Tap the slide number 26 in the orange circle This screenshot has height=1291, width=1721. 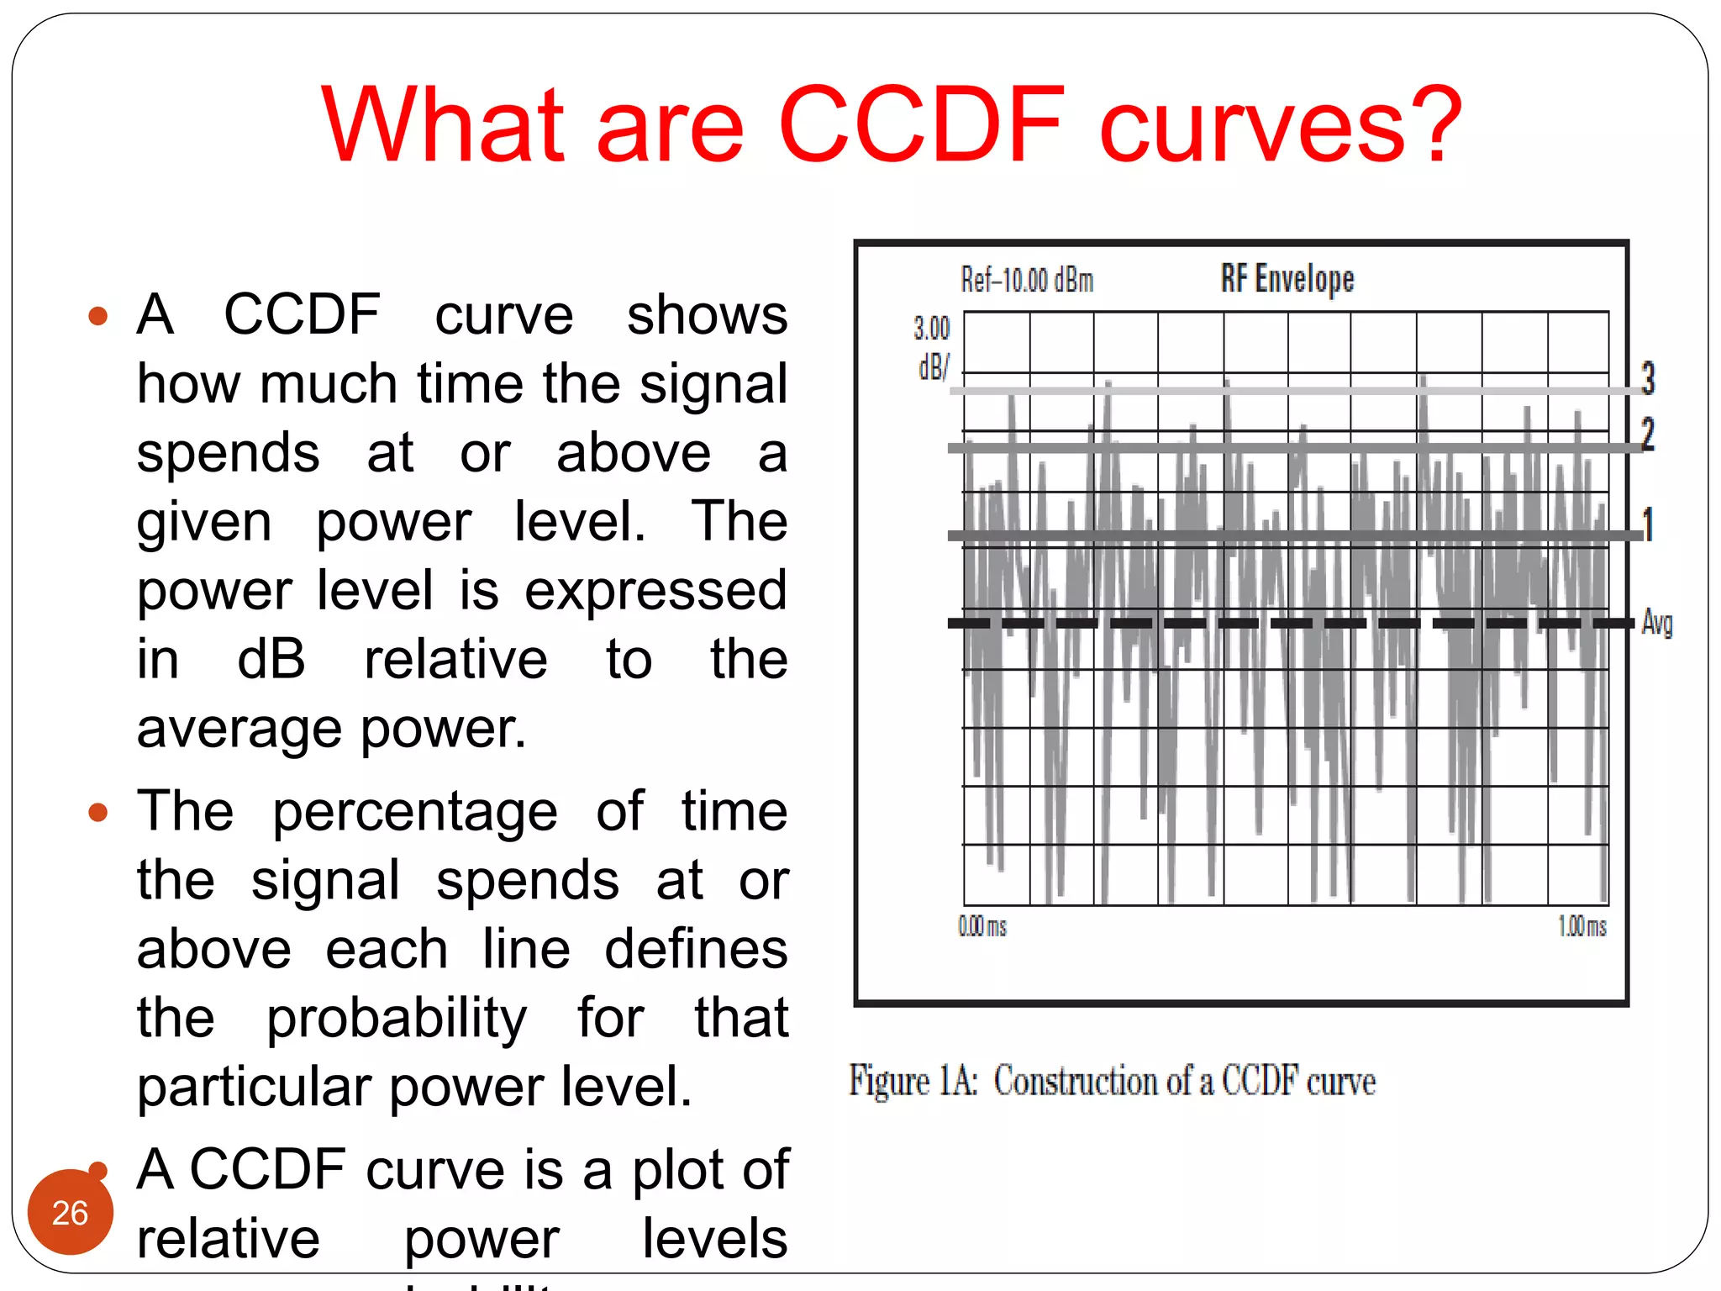point(70,1213)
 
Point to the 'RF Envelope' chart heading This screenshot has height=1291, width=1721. point(1287,278)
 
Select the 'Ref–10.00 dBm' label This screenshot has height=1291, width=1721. point(1027,280)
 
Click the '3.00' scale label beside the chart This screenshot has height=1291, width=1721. point(931,328)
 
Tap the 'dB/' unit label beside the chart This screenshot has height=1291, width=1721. point(934,367)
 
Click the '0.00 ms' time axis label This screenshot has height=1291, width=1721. point(982,926)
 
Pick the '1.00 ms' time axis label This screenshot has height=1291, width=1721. point(1582,926)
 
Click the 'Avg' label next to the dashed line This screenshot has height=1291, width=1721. point(1656,623)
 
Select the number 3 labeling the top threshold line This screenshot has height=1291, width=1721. point(1648,378)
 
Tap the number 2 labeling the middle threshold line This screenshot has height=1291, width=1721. point(1648,434)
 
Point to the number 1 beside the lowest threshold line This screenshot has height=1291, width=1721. point(1648,524)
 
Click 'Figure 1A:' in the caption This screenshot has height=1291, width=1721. point(913,1081)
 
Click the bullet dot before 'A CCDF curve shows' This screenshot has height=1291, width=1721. point(98,316)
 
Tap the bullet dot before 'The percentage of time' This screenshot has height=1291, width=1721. point(98,812)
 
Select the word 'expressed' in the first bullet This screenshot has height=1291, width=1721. point(655,590)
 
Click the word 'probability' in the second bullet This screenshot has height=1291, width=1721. point(397,1018)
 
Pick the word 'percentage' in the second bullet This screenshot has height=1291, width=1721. point(415,812)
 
